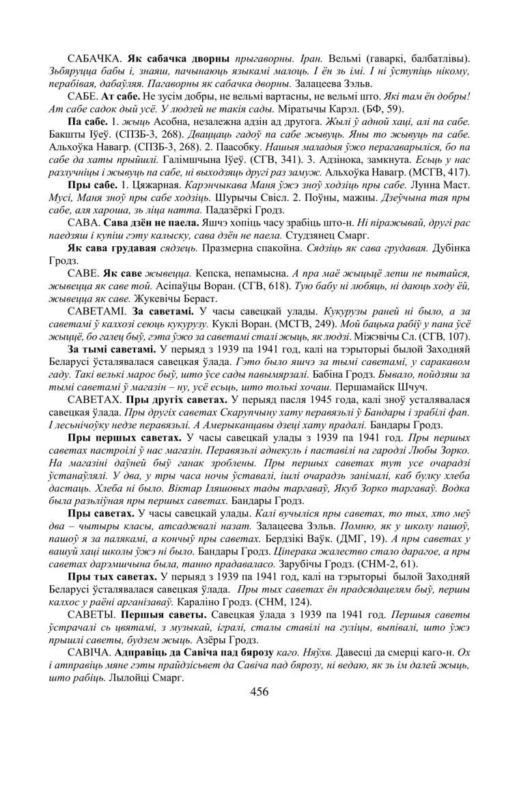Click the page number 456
coord(259,691)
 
